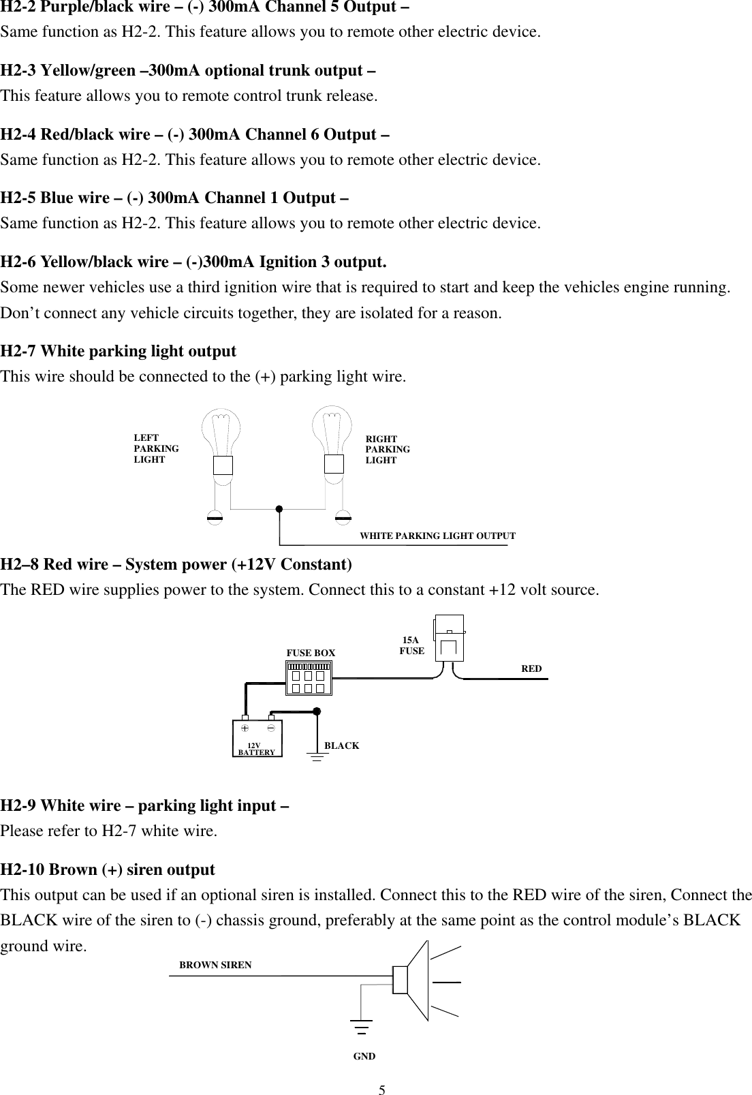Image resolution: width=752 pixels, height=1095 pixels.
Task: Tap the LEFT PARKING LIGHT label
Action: click(156, 449)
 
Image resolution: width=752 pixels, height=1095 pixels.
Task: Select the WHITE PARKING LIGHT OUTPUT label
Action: click(437, 536)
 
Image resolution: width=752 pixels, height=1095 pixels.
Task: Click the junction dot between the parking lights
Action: click(279, 508)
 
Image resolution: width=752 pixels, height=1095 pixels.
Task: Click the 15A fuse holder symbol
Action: click(450, 638)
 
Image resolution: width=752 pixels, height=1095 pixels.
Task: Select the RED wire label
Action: click(531, 668)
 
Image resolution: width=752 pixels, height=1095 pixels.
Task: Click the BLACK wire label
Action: click(341, 745)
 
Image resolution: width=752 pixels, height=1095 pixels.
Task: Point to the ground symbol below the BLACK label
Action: click(317, 756)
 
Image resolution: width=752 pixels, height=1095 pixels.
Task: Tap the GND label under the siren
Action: click(364, 1056)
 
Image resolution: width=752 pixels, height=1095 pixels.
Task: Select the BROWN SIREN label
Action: click(215, 965)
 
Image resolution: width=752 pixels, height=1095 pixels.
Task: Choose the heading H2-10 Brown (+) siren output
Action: click(108, 869)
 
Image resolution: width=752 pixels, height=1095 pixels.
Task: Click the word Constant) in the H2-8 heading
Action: click(317, 564)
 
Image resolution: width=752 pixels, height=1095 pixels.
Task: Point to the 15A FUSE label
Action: click(411, 645)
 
